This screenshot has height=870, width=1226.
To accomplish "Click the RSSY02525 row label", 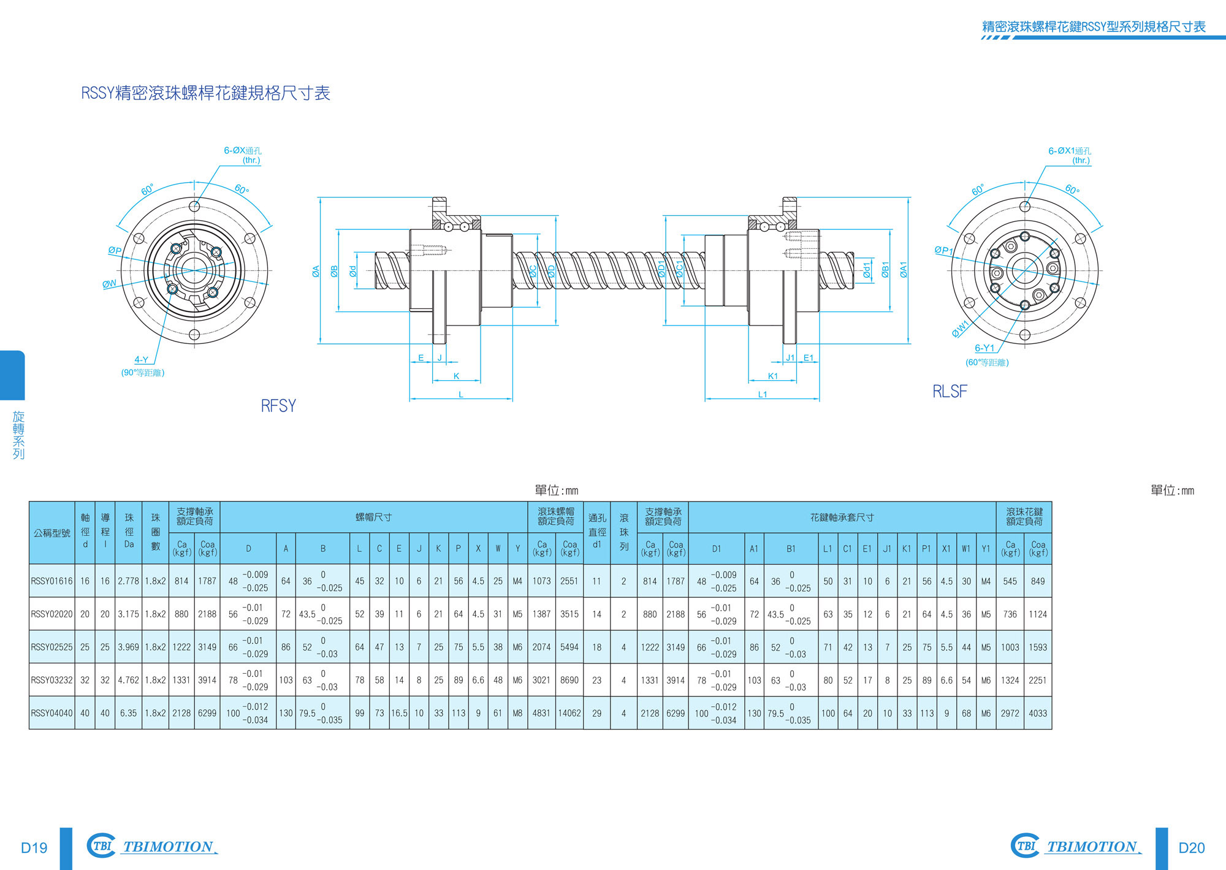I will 51,647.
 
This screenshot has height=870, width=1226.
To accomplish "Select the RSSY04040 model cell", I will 51,713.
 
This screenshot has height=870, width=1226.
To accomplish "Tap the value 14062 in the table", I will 569,713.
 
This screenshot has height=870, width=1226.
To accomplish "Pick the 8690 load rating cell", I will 569,680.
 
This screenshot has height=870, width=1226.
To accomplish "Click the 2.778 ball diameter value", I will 129,581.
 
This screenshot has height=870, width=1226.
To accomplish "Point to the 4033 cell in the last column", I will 1038,713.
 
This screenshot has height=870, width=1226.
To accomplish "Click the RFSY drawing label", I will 278,406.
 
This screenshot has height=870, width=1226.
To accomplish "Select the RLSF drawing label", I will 950,391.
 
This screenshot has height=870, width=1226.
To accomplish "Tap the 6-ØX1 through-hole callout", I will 1070,151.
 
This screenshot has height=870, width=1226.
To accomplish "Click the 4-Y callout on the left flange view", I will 142,360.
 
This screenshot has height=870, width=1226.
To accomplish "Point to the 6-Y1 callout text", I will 984,348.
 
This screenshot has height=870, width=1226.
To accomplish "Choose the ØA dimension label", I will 316,271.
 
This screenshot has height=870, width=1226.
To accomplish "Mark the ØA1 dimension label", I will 904,270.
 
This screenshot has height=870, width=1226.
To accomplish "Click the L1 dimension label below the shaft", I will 763,394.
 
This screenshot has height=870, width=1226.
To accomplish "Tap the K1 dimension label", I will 773,376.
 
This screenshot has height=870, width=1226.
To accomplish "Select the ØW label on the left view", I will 110,284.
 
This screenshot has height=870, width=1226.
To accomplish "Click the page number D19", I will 34,848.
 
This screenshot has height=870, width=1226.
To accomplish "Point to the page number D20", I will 1192,848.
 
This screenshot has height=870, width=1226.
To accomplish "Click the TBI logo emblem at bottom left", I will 101,845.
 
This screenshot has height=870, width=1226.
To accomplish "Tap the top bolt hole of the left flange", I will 194,206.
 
